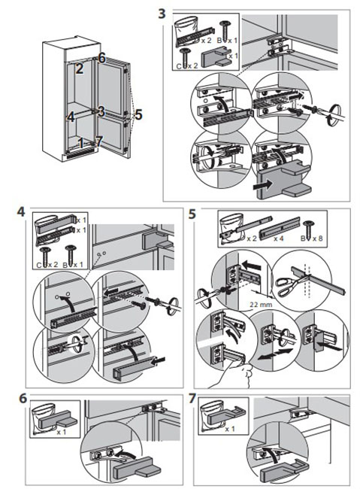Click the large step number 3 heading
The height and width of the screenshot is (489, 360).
tap(162, 14)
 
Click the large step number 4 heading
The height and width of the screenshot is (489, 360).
tap(21, 212)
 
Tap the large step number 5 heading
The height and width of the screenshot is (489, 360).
tap(192, 214)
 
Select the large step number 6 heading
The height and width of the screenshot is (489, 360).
tap(23, 399)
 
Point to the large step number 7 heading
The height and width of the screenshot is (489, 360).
tap(192, 399)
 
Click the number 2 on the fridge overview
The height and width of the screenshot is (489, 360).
tap(80, 68)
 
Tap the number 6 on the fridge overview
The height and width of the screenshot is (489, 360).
tap(102, 58)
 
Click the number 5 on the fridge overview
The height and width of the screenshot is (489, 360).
tap(138, 114)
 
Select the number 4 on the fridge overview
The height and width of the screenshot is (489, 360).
tap(71, 117)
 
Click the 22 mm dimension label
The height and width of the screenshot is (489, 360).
tap(261, 305)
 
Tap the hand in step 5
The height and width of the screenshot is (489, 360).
tap(236, 374)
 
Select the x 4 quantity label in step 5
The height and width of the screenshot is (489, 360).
tap(279, 238)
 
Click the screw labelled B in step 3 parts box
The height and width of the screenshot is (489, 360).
tap(224, 30)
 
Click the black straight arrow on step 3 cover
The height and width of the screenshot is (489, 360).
tap(262, 186)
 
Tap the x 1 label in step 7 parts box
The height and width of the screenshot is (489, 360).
tap(230, 429)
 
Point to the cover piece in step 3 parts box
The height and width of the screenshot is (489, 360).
tap(217, 56)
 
